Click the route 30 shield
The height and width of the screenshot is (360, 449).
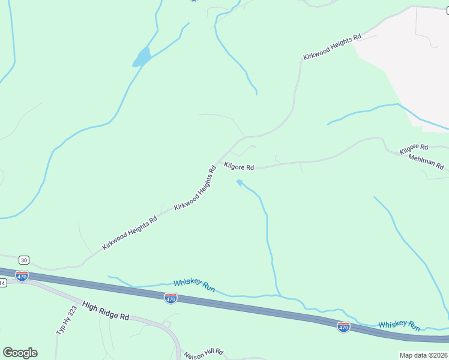[x=23, y=260]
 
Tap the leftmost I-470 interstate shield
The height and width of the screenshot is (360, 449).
[x=22, y=276]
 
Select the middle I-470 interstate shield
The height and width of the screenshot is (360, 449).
[x=171, y=298]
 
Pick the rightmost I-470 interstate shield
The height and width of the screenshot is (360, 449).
[x=343, y=326]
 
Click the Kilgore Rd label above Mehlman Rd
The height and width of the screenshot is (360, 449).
[x=414, y=147]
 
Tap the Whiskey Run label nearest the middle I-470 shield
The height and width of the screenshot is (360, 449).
[x=194, y=285]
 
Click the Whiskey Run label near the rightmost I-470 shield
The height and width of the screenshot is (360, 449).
[x=399, y=325]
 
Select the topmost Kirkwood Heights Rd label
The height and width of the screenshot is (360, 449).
[x=332, y=47]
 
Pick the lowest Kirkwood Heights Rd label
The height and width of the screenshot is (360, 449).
[x=129, y=233]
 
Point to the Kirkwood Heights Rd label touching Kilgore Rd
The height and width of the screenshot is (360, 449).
[x=194, y=188]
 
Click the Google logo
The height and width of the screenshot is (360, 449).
[x=20, y=353]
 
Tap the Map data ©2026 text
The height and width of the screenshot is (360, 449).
[x=423, y=355]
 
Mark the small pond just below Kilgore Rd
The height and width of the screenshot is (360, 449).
[x=240, y=182]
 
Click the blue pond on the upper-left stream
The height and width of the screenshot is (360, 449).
[x=142, y=58]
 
